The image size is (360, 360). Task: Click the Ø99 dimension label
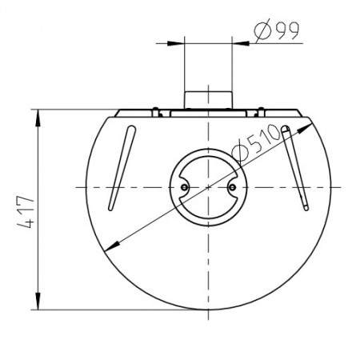click(277, 30)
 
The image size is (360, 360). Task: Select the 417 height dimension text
click(26, 213)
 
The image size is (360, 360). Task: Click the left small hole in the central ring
click(184, 187)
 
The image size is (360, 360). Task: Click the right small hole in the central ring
click(232, 187)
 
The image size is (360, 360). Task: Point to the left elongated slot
click(122, 168)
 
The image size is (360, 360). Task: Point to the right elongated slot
click(295, 167)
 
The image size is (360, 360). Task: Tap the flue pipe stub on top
click(208, 100)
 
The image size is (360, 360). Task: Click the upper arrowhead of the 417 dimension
click(38, 118)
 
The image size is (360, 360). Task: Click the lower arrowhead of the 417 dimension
click(38, 302)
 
